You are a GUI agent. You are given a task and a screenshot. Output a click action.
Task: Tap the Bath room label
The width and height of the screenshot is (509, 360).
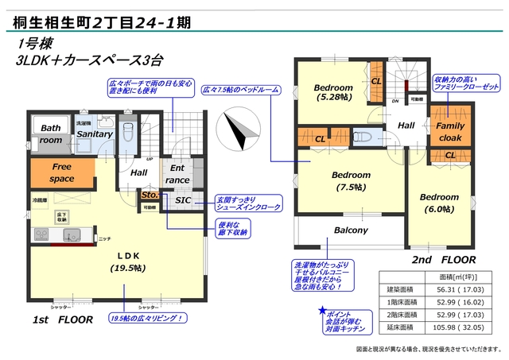pyautogui.click(x=51, y=134)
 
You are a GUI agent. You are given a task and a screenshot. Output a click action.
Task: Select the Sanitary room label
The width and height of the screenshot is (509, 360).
pyautogui.click(x=94, y=135)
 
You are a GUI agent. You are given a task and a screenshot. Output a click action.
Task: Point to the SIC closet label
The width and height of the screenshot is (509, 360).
pyautogui.click(x=181, y=200)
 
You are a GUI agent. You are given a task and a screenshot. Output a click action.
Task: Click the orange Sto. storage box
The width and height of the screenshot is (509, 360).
pyautogui.click(x=148, y=195)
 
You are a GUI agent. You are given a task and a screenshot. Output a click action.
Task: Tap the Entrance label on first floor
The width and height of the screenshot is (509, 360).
pyautogui.click(x=177, y=175)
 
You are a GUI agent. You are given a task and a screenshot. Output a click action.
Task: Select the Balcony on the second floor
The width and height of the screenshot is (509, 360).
pyautogui.click(x=350, y=230)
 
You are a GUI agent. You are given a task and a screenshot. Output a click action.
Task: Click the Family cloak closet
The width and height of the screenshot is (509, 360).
pyautogui.click(x=450, y=131)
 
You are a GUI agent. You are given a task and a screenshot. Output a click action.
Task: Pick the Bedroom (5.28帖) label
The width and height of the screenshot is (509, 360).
pyautogui.click(x=332, y=92)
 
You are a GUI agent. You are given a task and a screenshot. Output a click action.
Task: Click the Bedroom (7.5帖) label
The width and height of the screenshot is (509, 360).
pyautogui.click(x=351, y=180)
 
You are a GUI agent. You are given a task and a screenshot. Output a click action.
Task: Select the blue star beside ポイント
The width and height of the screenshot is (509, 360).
pyautogui.click(x=322, y=311)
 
